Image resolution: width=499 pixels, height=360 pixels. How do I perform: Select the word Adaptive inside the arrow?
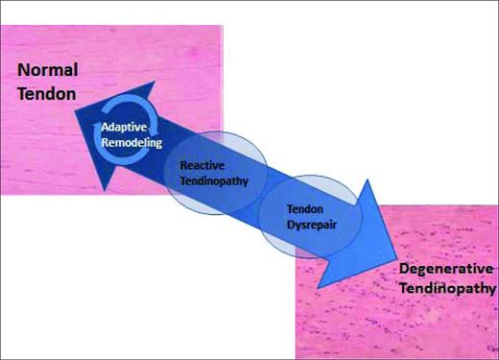point(125,127)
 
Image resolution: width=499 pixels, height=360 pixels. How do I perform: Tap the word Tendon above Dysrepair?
point(308,205)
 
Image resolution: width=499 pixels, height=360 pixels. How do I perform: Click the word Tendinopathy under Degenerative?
point(448,288)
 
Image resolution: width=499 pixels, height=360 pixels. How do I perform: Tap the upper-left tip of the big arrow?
point(73,108)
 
